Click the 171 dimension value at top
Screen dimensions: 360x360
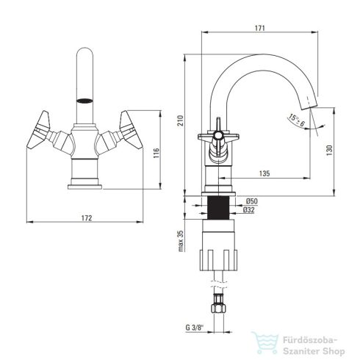tap(259, 28)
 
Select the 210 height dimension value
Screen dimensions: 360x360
tap(180, 120)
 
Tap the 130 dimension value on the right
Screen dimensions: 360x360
tap(329, 151)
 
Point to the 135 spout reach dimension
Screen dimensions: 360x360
tap(264, 173)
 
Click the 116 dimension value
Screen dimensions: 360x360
tap(156, 153)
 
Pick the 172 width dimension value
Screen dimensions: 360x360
tap(87, 218)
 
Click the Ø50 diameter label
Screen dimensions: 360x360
tap(252, 201)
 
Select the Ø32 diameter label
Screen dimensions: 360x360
tap(249, 210)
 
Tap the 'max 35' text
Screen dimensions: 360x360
tap(181, 241)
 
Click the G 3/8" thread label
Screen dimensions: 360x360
tap(195, 328)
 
